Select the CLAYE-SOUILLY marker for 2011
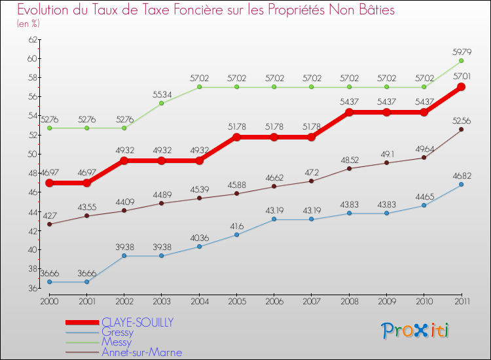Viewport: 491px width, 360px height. [461, 87]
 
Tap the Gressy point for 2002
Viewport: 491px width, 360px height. [124, 256]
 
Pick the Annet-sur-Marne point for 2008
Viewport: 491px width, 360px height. [349, 168]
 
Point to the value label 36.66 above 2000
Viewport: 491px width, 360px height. [50, 273]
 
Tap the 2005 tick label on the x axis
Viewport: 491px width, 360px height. [236, 300]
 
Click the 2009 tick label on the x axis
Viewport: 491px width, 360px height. [386, 300]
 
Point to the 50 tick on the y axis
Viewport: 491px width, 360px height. [31, 154]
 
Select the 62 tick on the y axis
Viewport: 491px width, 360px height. [31, 40]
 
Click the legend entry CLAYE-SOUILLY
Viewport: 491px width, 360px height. [137, 323]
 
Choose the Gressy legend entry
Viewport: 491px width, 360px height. [117, 333]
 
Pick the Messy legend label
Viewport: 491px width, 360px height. [116, 342]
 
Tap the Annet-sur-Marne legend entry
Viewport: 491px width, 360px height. [141, 352]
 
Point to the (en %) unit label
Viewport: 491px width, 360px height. [28, 23]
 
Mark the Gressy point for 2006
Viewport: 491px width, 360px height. [274, 219]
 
